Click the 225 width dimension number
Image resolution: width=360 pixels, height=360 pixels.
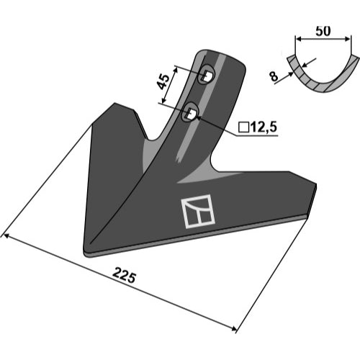point(124,276)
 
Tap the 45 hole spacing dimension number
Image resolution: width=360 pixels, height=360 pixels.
point(163,81)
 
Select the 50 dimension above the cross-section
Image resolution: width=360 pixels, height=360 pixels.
point(323,31)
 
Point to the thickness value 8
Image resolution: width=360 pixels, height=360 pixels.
point(274,76)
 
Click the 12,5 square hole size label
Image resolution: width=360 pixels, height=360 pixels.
point(264,127)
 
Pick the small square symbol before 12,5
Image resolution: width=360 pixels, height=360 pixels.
point(244,127)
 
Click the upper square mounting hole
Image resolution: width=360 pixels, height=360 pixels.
point(207,75)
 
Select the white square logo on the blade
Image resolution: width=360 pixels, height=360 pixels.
point(198,211)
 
